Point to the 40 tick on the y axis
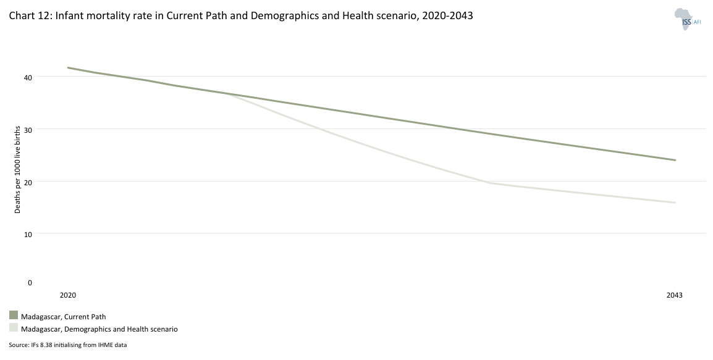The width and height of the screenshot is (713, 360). point(28,77)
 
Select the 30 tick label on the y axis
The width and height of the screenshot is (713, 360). point(28,129)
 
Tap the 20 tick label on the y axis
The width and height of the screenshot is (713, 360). point(28,182)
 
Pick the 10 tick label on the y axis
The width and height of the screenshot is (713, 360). point(28,233)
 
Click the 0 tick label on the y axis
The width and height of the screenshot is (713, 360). point(30,283)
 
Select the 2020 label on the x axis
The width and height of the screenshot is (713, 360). point(68,295)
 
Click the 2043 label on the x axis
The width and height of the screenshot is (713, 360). point(675,295)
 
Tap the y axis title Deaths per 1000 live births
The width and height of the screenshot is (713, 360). point(18,167)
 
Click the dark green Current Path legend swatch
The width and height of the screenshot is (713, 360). point(14,316)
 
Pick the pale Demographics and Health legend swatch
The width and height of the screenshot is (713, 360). point(14,329)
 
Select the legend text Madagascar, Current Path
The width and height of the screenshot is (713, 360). point(64,317)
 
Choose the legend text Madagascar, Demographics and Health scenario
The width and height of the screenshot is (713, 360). point(99,330)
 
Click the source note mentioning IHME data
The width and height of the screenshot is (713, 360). point(68,345)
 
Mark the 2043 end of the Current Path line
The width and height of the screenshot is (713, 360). point(675,160)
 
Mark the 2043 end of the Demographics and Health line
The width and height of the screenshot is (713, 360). point(675,203)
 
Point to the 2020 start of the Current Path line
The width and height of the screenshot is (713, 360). point(68,67)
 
